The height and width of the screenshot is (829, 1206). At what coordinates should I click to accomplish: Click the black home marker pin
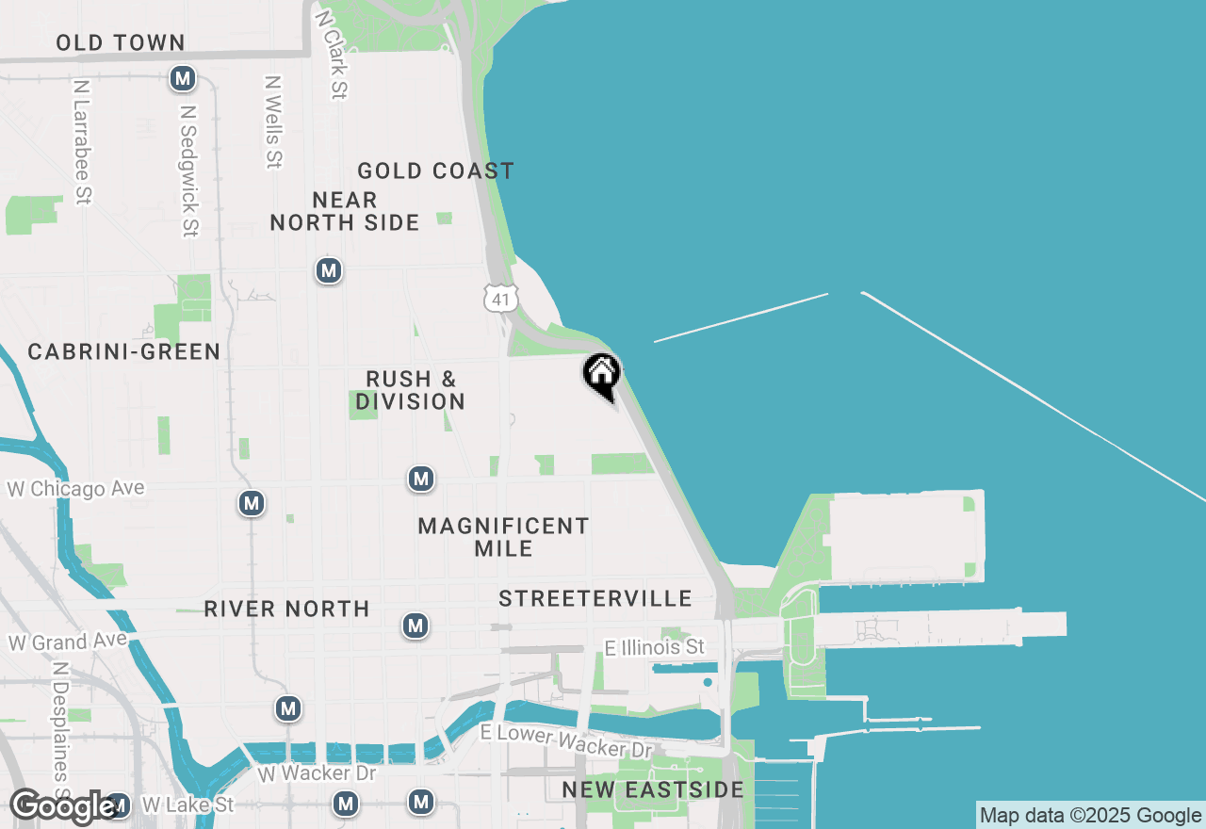[x=602, y=376]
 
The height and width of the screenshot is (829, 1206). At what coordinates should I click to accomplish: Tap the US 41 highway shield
[x=500, y=299]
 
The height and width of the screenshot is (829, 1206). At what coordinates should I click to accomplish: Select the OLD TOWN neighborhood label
[x=120, y=42]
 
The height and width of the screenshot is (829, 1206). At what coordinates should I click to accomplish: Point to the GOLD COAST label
[x=435, y=171]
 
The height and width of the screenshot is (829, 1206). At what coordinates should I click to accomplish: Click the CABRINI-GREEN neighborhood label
[x=124, y=351]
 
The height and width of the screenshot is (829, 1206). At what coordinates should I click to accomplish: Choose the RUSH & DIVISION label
[x=411, y=390]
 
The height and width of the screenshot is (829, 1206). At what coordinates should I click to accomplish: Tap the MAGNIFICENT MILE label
[x=503, y=536]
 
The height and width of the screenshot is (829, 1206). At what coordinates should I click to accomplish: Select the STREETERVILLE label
[x=595, y=598]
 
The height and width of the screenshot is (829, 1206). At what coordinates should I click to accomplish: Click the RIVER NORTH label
[x=286, y=609]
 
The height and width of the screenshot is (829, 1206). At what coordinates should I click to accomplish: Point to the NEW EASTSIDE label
[x=653, y=789]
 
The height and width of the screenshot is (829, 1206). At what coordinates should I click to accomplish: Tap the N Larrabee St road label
[x=82, y=141]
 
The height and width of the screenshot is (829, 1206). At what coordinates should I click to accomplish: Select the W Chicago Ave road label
[x=76, y=488]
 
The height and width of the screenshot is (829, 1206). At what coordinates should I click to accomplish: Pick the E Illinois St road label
[x=654, y=646]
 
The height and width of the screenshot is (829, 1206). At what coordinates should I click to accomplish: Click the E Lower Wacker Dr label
[x=565, y=741]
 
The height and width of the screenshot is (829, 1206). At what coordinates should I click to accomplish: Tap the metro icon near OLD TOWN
[x=183, y=78]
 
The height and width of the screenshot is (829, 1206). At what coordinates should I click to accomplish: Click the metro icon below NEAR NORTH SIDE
[x=328, y=271]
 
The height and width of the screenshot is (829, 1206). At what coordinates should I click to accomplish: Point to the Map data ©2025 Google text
[x=1090, y=816]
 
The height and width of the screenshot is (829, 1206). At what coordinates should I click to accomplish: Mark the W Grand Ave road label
[x=67, y=642]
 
